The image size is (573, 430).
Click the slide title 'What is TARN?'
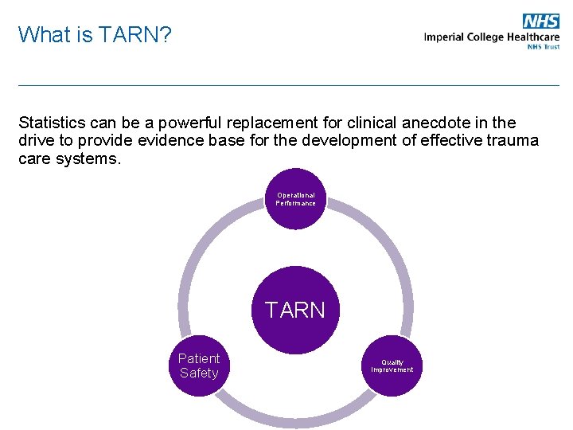point(94,34)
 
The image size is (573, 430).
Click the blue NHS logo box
point(540,21)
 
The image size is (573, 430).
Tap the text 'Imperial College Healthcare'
point(491,37)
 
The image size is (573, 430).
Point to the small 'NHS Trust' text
point(543,47)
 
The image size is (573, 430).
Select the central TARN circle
point(295,310)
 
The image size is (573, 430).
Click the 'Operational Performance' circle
point(295,199)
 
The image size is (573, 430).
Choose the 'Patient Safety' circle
point(199,365)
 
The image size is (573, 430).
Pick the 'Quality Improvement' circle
point(392,365)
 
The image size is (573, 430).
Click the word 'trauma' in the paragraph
point(514,141)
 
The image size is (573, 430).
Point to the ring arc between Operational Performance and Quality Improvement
point(393,255)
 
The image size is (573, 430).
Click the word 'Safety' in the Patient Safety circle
point(199,373)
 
